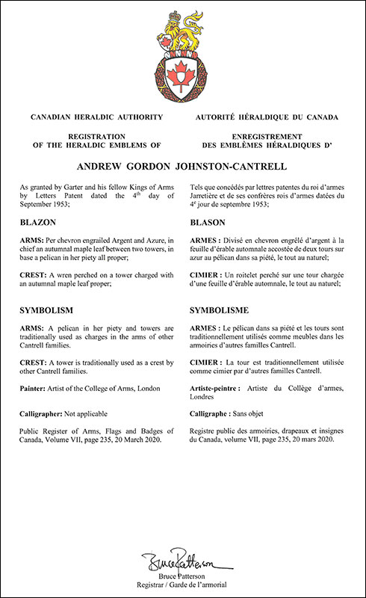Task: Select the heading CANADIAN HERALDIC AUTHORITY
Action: tap(93, 117)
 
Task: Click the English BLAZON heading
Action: tap(40, 222)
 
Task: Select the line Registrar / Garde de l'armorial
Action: tap(183, 585)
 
